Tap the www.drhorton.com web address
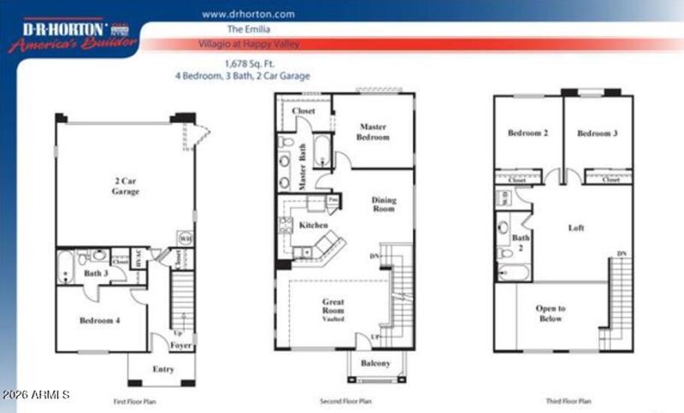click(248, 14)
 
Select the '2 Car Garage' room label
click(125, 187)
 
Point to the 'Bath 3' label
click(95, 274)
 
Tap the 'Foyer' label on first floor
click(180, 345)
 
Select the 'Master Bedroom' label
click(374, 132)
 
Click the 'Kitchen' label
click(313, 225)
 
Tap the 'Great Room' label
click(333, 304)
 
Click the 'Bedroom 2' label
click(527, 133)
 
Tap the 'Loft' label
click(576, 228)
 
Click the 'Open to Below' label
click(550, 313)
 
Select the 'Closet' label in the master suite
click(304, 110)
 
